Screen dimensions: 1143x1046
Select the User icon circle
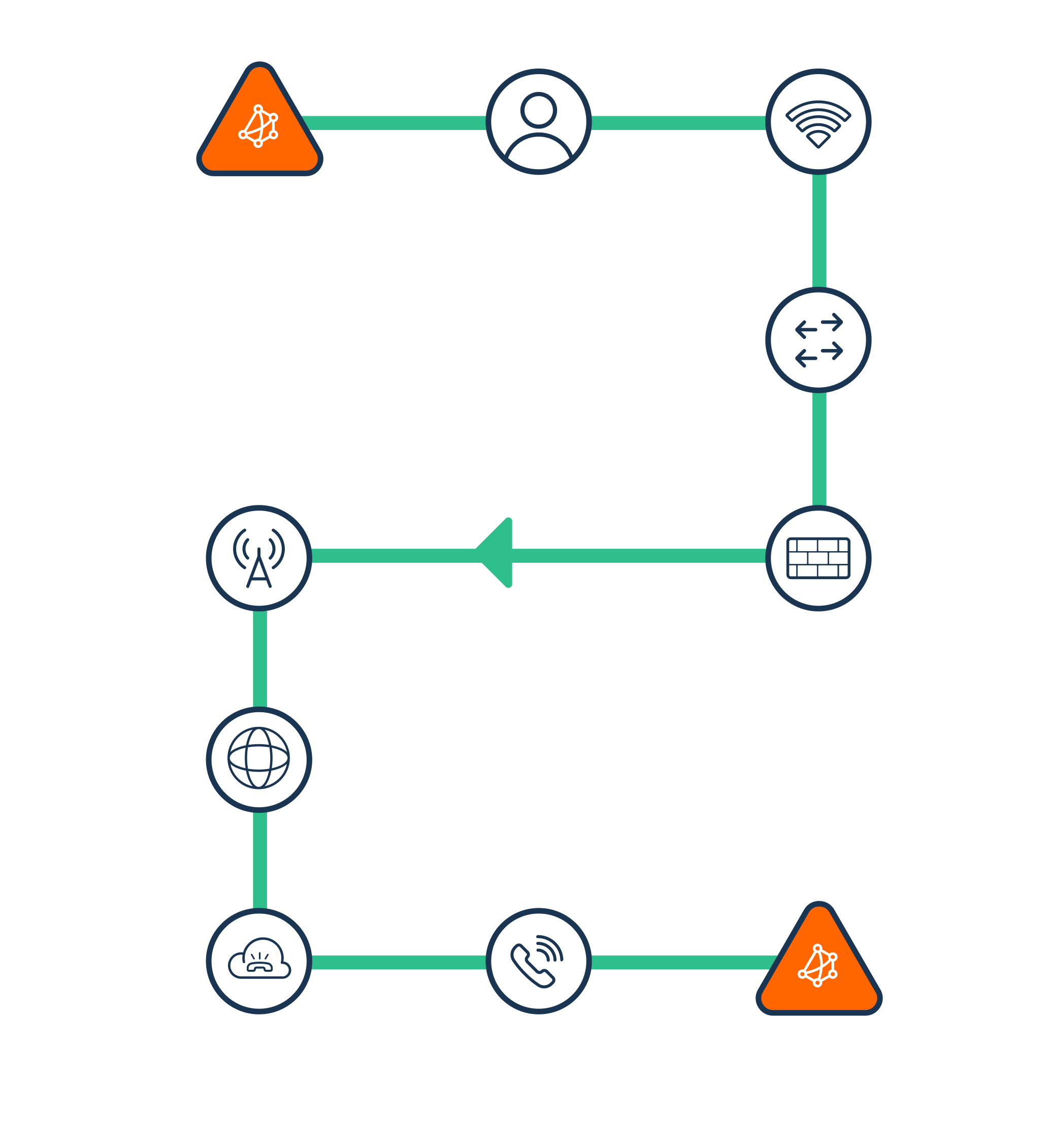pyautogui.click(x=538, y=122)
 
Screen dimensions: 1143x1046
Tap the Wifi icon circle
pyautogui.click(x=818, y=122)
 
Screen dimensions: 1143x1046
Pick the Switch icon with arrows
pyautogui.click(x=818, y=340)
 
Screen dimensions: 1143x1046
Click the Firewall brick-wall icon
pyautogui.click(x=818, y=558)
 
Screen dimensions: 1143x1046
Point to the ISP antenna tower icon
pyautogui.click(x=259, y=558)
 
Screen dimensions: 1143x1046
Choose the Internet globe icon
pyautogui.click(x=259, y=759)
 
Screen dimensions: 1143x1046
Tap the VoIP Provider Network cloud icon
pyautogui.click(x=259, y=961)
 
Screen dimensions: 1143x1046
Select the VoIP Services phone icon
pyautogui.click(x=538, y=961)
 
